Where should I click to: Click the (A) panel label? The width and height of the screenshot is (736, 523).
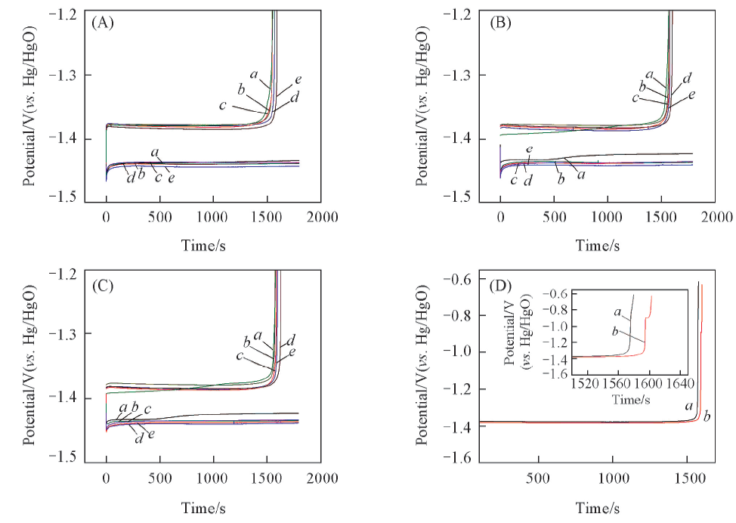(x=102, y=23)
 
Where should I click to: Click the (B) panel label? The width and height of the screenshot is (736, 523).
(x=500, y=23)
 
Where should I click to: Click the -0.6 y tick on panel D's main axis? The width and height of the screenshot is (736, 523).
(x=462, y=280)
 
